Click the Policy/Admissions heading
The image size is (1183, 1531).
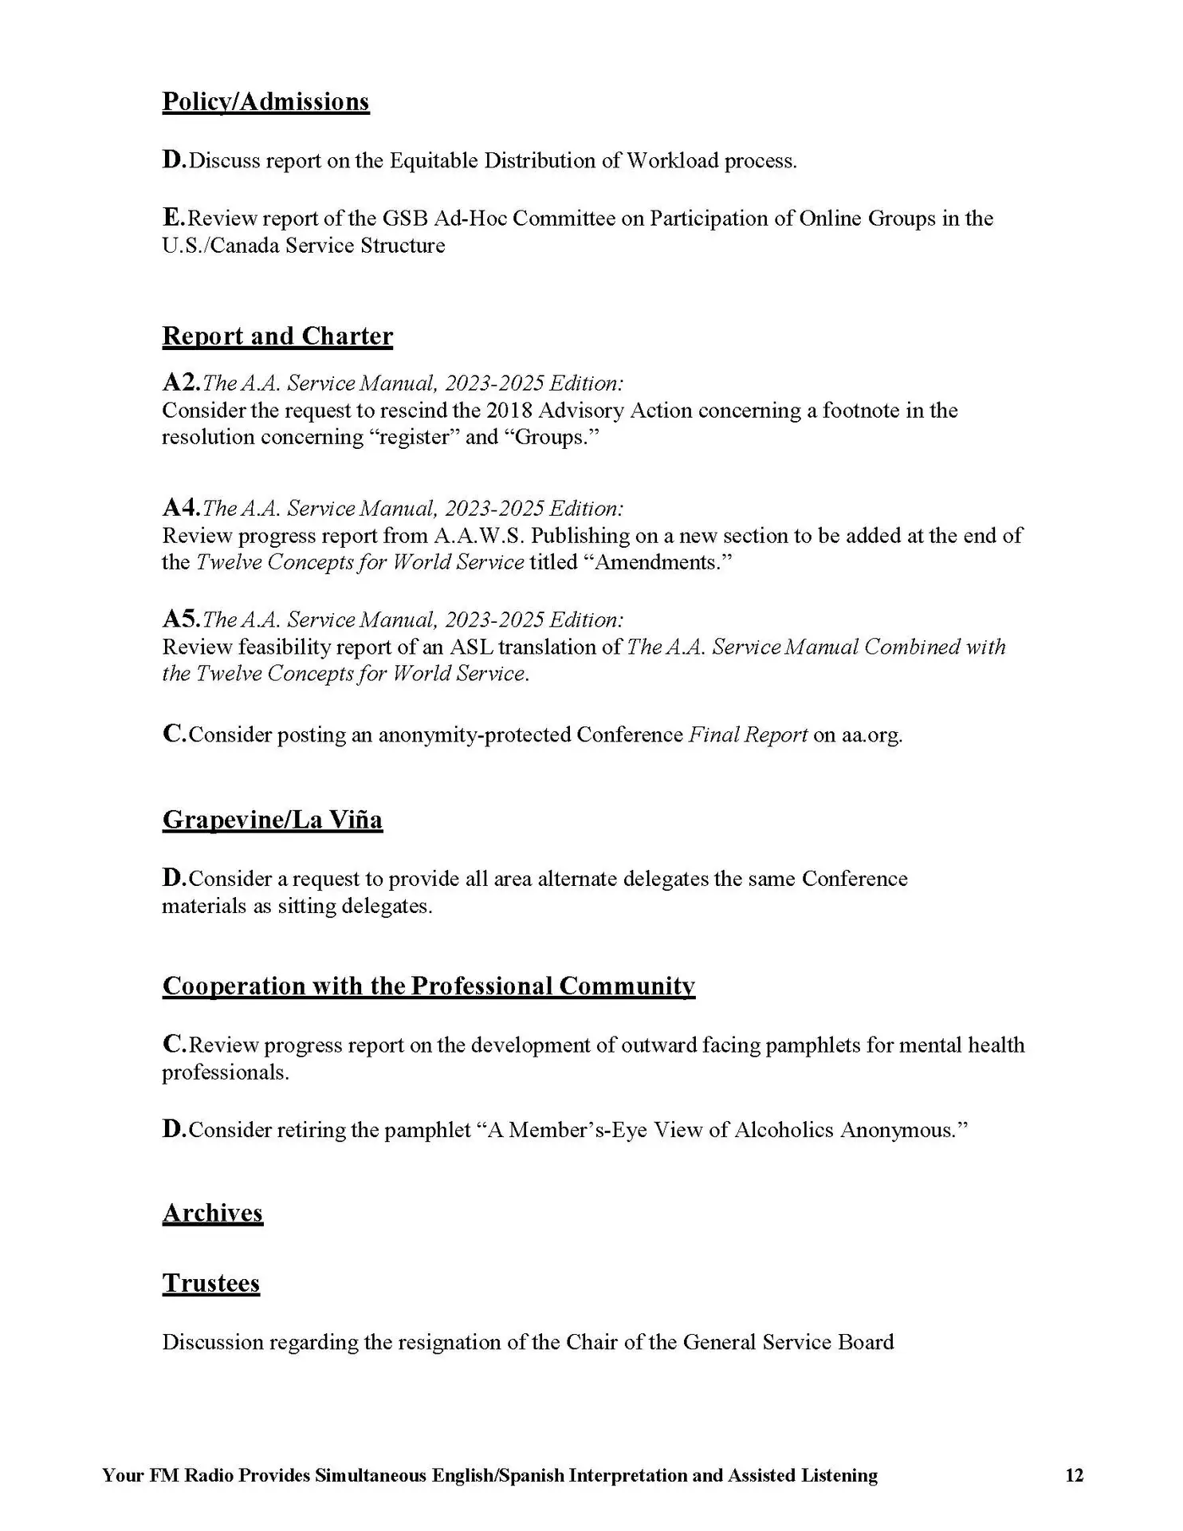pos(265,102)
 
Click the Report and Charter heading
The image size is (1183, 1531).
pos(277,337)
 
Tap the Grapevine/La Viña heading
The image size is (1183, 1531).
pos(272,820)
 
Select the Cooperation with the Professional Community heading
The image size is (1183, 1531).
pos(428,986)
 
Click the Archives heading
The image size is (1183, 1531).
pos(212,1213)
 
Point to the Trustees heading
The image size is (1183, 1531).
pos(211,1283)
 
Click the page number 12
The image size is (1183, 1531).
pos(1074,1475)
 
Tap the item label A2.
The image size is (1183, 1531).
pos(180,383)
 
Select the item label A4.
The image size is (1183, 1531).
pos(180,508)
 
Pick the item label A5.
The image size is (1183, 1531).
pos(180,620)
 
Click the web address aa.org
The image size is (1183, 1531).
pos(871,734)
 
